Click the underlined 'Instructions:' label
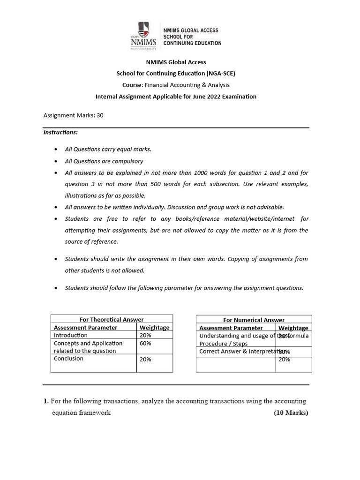point(60,132)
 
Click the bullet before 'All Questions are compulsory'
point(56,161)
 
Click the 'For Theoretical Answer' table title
point(112,319)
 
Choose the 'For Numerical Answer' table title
point(254,320)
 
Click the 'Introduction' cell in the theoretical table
point(70,335)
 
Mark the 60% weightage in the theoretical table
point(145,343)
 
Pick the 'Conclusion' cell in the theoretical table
point(68,359)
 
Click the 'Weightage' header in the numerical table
point(293,328)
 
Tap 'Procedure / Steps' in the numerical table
point(224,344)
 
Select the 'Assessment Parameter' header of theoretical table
point(85,328)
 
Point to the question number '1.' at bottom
point(46,401)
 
